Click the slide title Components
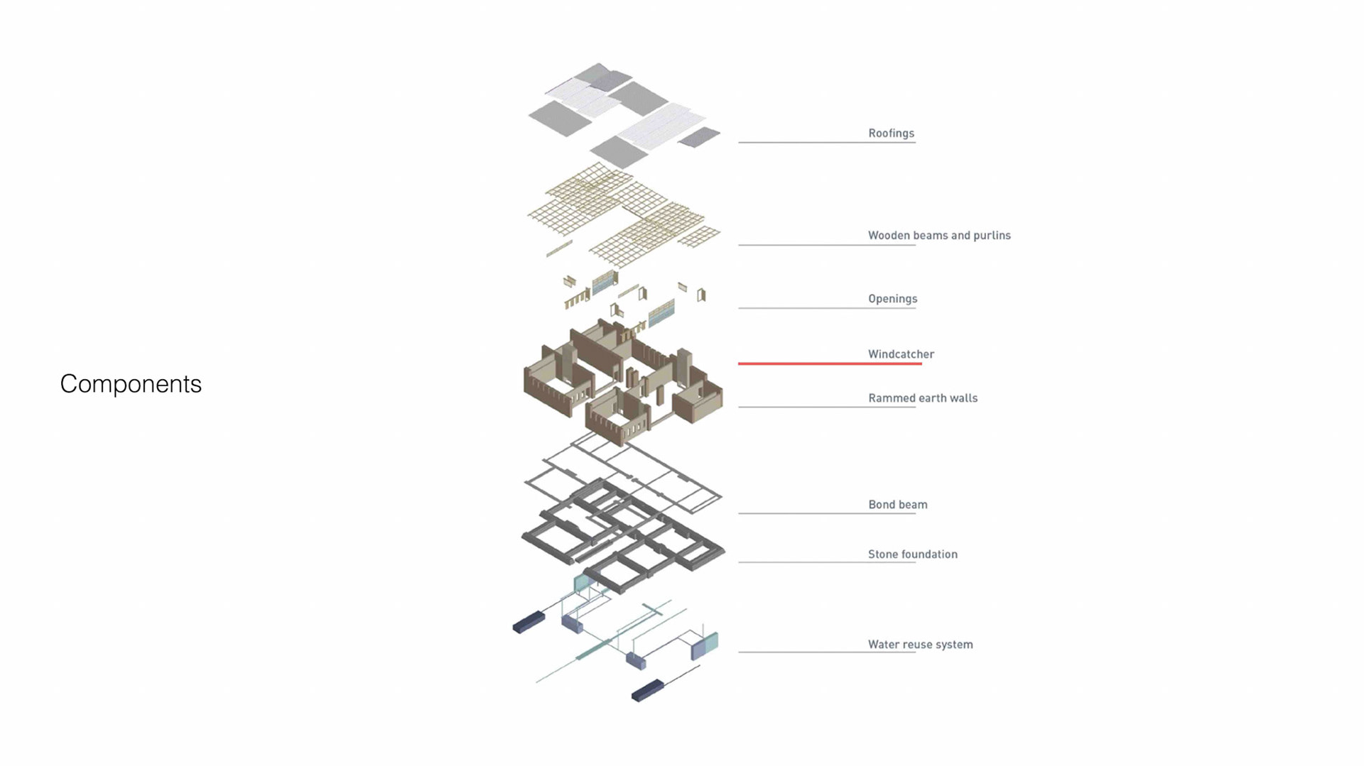pos(131,384)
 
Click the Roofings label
pos(891,133)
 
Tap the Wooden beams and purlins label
pos(938,236)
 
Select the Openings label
pos(892,299)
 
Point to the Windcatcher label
pos(901,354)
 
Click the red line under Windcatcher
pos(829,363)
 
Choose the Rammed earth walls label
pos(922,398)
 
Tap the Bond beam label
pos(897,505)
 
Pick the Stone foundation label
pos(912,554)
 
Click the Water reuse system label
pos(920,645)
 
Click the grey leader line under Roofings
pos(826,143)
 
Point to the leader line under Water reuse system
pos(826,652)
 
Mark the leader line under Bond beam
pos(826,513)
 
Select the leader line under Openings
pos(826,308)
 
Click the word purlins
pos(992,236)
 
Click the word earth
pos(933,398)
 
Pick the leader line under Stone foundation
pos(826,562)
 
